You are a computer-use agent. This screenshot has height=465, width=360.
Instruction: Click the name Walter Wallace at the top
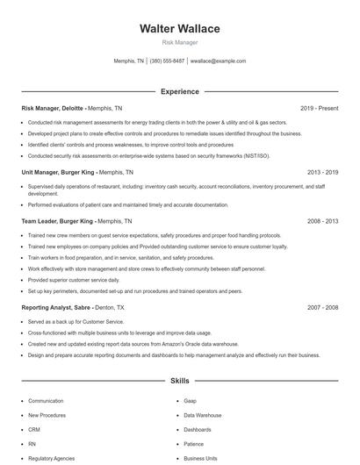(180, 29)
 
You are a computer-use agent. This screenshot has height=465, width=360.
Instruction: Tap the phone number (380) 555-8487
(167, 61)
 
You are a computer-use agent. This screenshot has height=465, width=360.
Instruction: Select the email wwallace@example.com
(218, 61)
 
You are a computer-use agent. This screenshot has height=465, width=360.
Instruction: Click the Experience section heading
(180, 91)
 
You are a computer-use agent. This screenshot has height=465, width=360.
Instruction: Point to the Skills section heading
(180, 382)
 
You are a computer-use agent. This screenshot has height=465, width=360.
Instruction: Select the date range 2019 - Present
(319, 108)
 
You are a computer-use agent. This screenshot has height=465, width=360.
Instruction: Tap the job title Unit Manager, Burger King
(57, 173)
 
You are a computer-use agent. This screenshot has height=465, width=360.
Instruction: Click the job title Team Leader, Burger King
(56, 222)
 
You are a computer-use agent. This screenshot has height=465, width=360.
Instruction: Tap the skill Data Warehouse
(203, 415)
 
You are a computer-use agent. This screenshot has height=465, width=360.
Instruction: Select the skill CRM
(34, 430)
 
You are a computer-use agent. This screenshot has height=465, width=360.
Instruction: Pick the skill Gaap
(191, 400)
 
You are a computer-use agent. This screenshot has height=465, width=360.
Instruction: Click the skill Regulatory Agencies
(50, 458)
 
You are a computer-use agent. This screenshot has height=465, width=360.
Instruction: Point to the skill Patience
(195, 444)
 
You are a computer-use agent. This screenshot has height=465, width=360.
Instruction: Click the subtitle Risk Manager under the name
(180, 42)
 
